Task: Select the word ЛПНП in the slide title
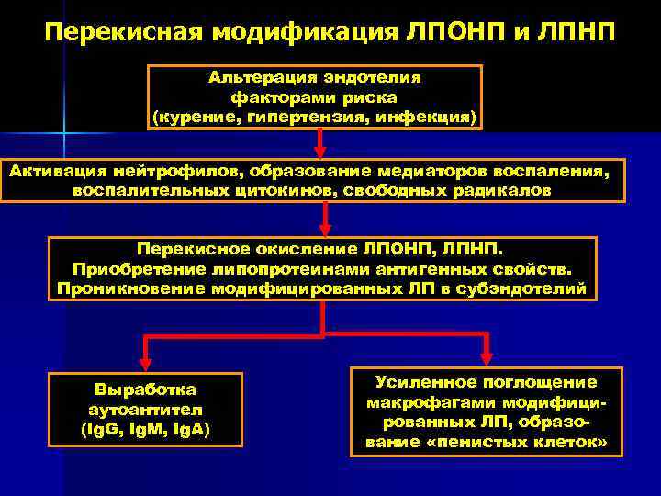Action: pyautogui.click(x=575, y=34)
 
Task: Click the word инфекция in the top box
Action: pyautogui.click(x=436, y=118)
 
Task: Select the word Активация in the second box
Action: pyautogui.click(x=58, y=171)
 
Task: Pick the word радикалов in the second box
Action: pyautogui.click(x=502, y=190)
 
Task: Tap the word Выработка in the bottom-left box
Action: pyautogui.click(x=146, y=389)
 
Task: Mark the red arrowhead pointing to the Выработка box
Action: pyautogui.click(x=143, y=361)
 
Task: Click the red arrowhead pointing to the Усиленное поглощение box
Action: pyautogui.click(x=487, y=356)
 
